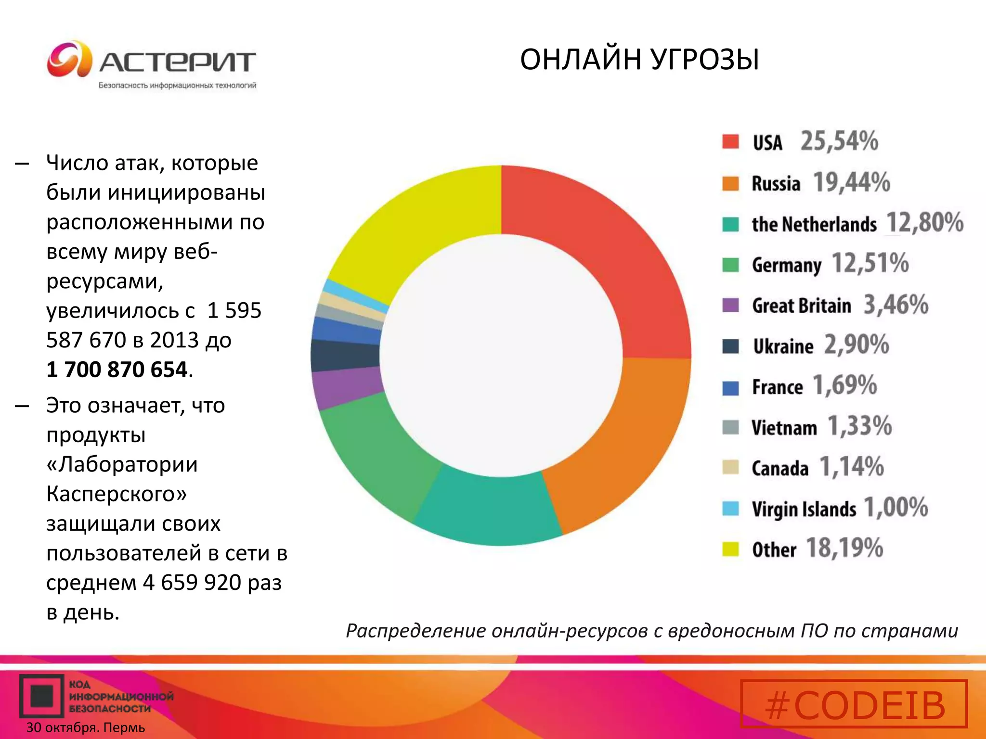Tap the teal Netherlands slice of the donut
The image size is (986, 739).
click(486, 510)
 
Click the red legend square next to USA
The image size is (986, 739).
click(730, 142)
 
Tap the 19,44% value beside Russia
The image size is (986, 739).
click(851, 183)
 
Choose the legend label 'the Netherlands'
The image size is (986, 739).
click(814, 224)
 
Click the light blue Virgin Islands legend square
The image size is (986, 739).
click(730, 509)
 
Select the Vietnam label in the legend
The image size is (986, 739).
click(784, 428)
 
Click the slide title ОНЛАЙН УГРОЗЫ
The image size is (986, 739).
click(639, 60)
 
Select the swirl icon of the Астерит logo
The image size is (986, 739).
click(69, 59)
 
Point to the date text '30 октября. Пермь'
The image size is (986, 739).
click(86, 727)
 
